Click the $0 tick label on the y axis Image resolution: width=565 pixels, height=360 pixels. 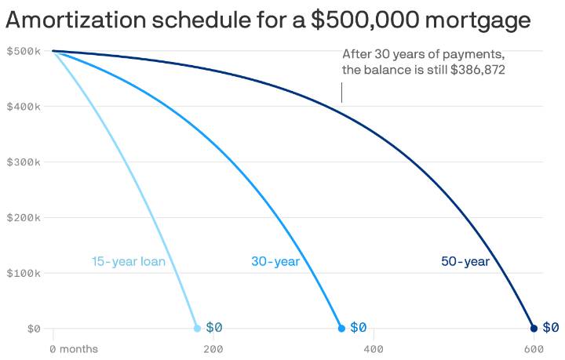point(32,329)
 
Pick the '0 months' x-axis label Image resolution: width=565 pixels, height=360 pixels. point(75,348)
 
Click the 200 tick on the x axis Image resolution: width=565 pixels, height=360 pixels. point(213,348)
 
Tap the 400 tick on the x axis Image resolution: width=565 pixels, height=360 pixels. point(373,348)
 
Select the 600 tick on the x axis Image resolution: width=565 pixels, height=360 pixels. point(534,348)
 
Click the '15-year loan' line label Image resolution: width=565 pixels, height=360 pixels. point(128,261)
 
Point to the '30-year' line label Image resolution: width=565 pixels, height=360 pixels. point(275,261)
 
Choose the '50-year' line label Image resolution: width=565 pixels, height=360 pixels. point(465,261)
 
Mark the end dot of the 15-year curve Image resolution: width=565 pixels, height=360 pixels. point(197,328)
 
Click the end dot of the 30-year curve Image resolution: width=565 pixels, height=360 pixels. point(341,328)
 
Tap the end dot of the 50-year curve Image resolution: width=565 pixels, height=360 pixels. point(534,328)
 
